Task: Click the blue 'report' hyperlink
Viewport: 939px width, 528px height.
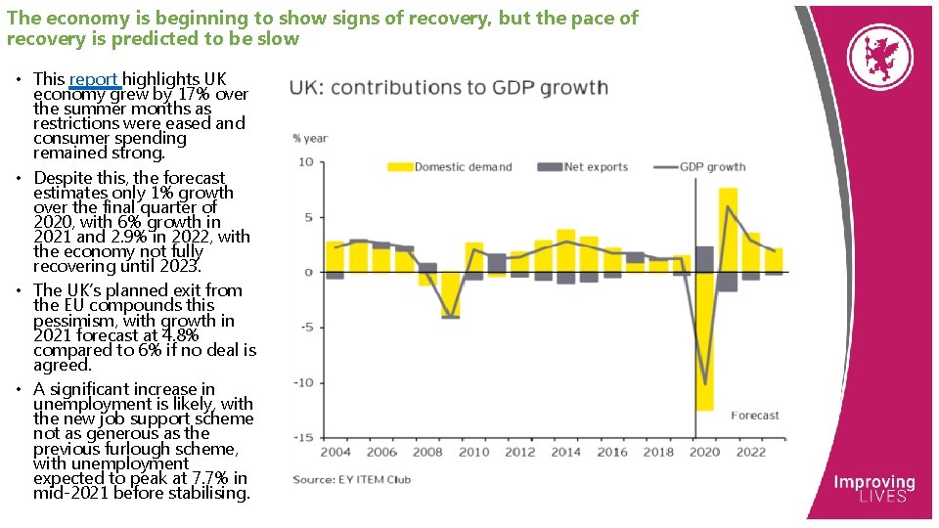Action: coord(94,79)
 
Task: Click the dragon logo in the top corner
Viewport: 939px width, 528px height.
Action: coord(879,56)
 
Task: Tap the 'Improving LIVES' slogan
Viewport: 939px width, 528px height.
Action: coord(873,489)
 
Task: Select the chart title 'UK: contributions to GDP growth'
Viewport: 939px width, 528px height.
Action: coord(449,88)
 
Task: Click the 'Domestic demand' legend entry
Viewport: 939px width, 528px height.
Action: coord(450,167)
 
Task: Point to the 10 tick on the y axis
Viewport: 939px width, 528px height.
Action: coord(306,162)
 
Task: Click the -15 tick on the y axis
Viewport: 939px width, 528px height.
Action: coord(304,437)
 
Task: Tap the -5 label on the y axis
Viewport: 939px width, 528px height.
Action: coord(306,328)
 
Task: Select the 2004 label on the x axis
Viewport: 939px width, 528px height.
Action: coord(335,453)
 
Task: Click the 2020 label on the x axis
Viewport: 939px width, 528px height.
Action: coord(704,453)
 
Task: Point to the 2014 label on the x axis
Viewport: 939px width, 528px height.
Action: coord(565,453)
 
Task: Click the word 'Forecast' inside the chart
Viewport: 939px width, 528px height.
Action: coord(755,416)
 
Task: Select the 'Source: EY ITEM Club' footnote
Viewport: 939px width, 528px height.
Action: coord(352,479)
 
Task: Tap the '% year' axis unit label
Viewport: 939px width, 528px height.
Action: coord(309,139)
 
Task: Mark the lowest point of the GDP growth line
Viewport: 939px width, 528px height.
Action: coord(704,384)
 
